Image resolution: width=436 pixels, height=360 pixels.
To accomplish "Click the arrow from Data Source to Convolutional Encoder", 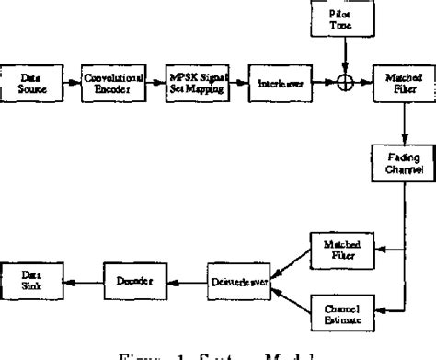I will pos(71,84).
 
